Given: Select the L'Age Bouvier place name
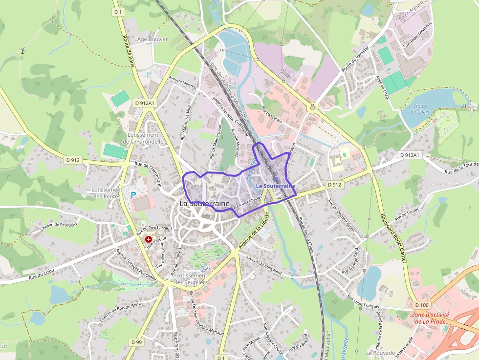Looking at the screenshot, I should click(151, 39).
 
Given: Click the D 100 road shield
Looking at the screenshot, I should click(423, 305).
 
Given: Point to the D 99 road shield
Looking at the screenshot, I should click(136, 342).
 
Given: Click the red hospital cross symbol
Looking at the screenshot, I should click(148, 239).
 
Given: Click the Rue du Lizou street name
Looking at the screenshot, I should click(41, 277).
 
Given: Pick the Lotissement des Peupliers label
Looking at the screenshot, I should click(192, 279).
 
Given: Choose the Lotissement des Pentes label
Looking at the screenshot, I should click(107, 193).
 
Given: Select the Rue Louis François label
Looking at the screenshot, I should click(363, 301).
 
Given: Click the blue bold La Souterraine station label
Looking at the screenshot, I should click(276, 186).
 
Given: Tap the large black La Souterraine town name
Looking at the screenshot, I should click(204, 203).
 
